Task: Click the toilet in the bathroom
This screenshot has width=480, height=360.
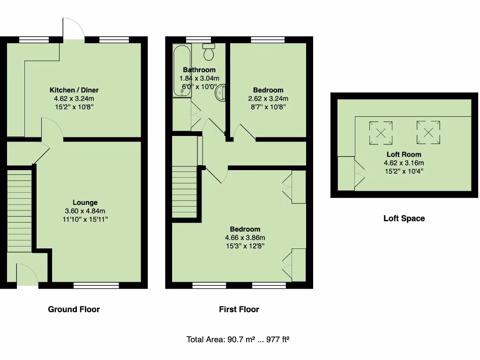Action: click(x=209, y=52)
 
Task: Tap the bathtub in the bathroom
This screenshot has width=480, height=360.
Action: click(x=182, y=71)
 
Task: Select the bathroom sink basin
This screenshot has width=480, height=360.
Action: click(x=220, y=93)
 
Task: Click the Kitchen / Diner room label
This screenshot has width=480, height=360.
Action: click(x=74, y=90)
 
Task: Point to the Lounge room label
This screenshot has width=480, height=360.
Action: click(x=85, y=202)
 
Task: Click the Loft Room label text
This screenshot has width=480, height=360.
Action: click(x=404, y=154)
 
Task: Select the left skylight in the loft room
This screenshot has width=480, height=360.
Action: click(x=381, y=132)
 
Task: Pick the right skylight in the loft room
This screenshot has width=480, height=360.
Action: click(x=428, y=132)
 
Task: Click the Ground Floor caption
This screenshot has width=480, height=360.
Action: click(x=74, y=309)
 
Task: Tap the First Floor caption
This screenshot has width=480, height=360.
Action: click(x=239, y=309)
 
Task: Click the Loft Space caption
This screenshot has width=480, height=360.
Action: click(x=404, y=218)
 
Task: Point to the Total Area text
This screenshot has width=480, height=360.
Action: click(x=238, y=339)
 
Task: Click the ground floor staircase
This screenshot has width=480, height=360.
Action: click(x=19, y=211)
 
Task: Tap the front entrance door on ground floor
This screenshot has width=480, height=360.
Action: click(x=27, y=275)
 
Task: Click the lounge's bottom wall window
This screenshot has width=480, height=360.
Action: click(x=96, y=285)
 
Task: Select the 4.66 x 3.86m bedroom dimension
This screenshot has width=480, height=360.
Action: click(x=245, y=238)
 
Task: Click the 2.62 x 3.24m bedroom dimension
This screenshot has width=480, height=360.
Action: click(x=268, y=98)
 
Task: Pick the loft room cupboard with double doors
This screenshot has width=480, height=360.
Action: click(x=346, y=173)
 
